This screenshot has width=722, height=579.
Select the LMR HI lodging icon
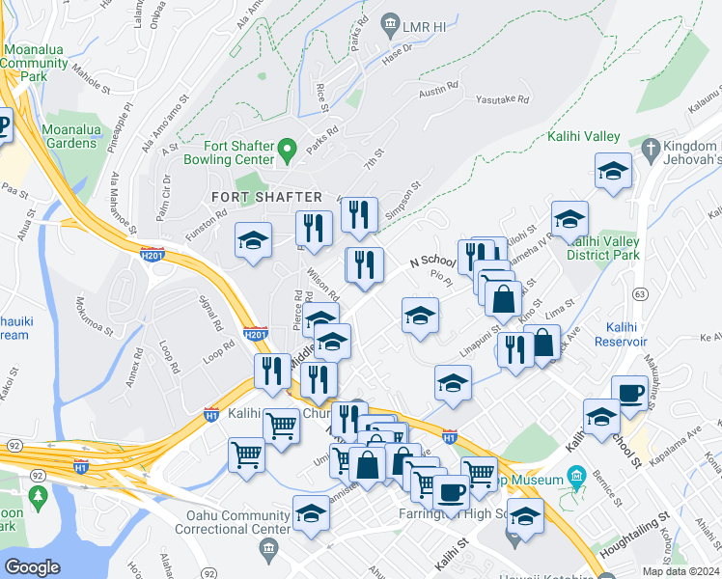coord(391,22)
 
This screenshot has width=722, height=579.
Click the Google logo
coord(32,567)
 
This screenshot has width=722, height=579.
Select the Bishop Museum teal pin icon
coord(577,475)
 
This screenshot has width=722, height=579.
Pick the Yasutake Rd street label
coord(503,99)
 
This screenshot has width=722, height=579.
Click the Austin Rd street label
coord(437,90)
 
